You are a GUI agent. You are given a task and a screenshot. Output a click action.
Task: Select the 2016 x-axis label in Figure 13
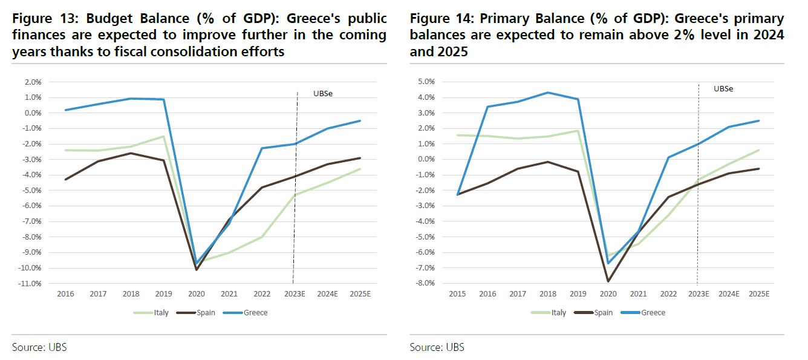(x=65, y=294)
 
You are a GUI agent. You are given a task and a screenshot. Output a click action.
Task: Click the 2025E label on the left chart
(x=360, y=294)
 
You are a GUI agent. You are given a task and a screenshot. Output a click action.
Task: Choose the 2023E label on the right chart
(x=699, y=294)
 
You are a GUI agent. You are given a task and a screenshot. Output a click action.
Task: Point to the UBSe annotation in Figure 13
(x=323, y=94)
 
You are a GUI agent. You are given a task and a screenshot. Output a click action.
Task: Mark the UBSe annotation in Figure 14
(x=723, y=88)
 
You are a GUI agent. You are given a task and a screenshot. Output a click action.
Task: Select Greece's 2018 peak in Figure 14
(x=548, y=93)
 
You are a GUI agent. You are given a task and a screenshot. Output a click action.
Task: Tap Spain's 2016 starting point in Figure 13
(x=65, y=179)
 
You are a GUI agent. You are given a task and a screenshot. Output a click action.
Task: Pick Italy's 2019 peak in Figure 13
(x=164, y=136)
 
